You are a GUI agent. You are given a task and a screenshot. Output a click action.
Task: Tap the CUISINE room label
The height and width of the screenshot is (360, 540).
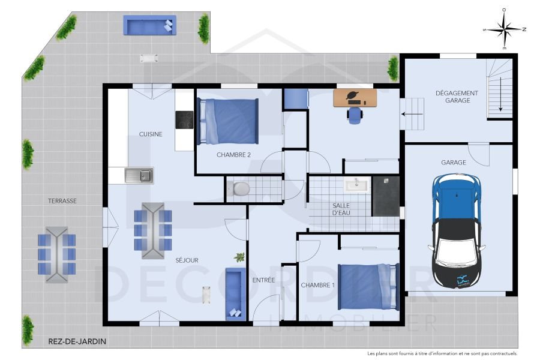pos(151,134)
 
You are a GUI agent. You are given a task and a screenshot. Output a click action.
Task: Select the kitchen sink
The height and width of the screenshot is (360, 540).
pos(139,175)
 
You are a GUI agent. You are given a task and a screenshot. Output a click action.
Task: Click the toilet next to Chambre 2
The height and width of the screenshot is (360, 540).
pos(241,188)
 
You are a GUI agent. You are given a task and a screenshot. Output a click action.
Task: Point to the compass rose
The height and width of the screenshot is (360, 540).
pos(505,29)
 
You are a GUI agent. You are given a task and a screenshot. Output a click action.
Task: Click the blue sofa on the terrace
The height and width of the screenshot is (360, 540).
pos(149,25)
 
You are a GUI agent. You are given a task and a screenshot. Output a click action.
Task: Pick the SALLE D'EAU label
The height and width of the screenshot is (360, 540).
pos(341,209)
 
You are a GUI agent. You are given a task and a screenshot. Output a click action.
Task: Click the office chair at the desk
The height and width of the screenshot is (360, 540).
pos(355,115)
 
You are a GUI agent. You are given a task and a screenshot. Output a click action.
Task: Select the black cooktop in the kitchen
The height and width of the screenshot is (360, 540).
pos(184,120)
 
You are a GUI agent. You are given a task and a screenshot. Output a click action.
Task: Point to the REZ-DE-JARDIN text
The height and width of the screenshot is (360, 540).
pos(77,341)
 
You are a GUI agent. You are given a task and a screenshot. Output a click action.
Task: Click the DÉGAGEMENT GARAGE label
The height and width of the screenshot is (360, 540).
pos(457,97)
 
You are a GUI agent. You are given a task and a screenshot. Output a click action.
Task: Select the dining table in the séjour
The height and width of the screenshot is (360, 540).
pos(152,230)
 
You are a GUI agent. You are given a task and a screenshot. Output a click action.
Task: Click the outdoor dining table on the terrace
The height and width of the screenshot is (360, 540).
pos(56,254)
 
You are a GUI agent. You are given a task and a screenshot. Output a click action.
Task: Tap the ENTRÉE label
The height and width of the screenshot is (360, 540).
pos(263,280)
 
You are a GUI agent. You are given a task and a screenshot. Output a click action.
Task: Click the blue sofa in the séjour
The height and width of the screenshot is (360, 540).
pos(235,294)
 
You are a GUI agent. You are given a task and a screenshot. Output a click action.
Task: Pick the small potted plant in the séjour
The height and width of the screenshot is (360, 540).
pos(240,257)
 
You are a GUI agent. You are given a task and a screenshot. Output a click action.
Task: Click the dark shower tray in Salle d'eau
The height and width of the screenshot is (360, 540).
pos(386,196)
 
